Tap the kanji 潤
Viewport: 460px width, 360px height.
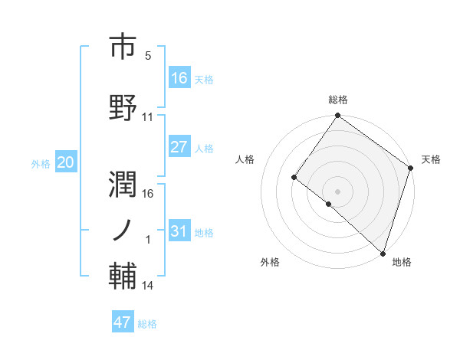click(x=124, y=181)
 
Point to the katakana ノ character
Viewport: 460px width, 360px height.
click(x=124, y=230)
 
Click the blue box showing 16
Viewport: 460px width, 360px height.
click(x=179, y=77)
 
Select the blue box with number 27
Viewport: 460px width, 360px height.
click(x=179, y=147)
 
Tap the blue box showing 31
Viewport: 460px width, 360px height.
click(x=179, y=231)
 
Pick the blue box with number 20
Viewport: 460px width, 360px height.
click(x=65, y=162)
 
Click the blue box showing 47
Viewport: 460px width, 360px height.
click(x=123, y=322)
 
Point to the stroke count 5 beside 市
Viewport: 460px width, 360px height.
click(x=148, y=56)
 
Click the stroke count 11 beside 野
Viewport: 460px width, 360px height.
click(x=148, y=117)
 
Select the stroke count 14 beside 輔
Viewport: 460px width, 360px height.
click(x=148, y=286)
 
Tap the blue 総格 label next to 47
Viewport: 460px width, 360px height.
click(x=147, y=324)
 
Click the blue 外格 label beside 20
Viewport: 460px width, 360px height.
click(x=41, y=164)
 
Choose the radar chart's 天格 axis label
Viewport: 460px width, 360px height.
click(x=431, y=159)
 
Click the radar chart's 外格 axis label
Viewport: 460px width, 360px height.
click(x=269, y=262)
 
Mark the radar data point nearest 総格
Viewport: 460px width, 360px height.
click(x=337, y=116)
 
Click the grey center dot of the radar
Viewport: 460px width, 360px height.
click(x=337, y=191)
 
